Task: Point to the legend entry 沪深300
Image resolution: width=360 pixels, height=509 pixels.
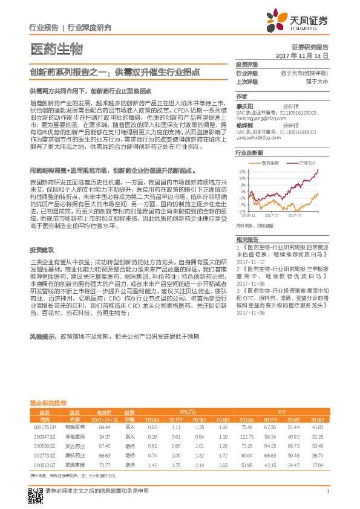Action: (307, 163)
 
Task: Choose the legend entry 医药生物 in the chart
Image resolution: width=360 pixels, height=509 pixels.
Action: (270, 163)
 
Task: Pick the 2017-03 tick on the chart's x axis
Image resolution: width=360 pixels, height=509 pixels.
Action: (273, 214)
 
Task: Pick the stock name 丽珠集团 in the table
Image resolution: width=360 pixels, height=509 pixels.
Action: (74, 466)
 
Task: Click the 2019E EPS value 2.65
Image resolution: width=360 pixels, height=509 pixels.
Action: (222, 466)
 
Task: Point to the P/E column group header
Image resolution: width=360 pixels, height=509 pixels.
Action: (281, 410)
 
